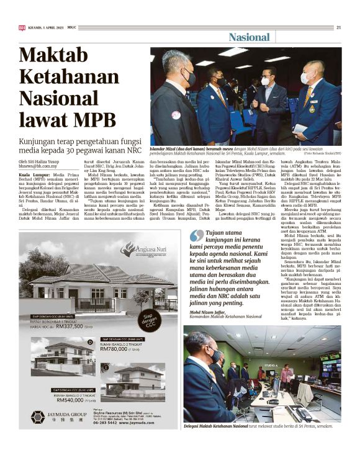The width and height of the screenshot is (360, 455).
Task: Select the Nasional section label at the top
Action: [x=249, y=37]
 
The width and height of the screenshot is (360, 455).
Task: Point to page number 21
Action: [x=338, y=27]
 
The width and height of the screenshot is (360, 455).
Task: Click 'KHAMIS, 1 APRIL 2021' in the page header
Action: [x=48, y=27]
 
